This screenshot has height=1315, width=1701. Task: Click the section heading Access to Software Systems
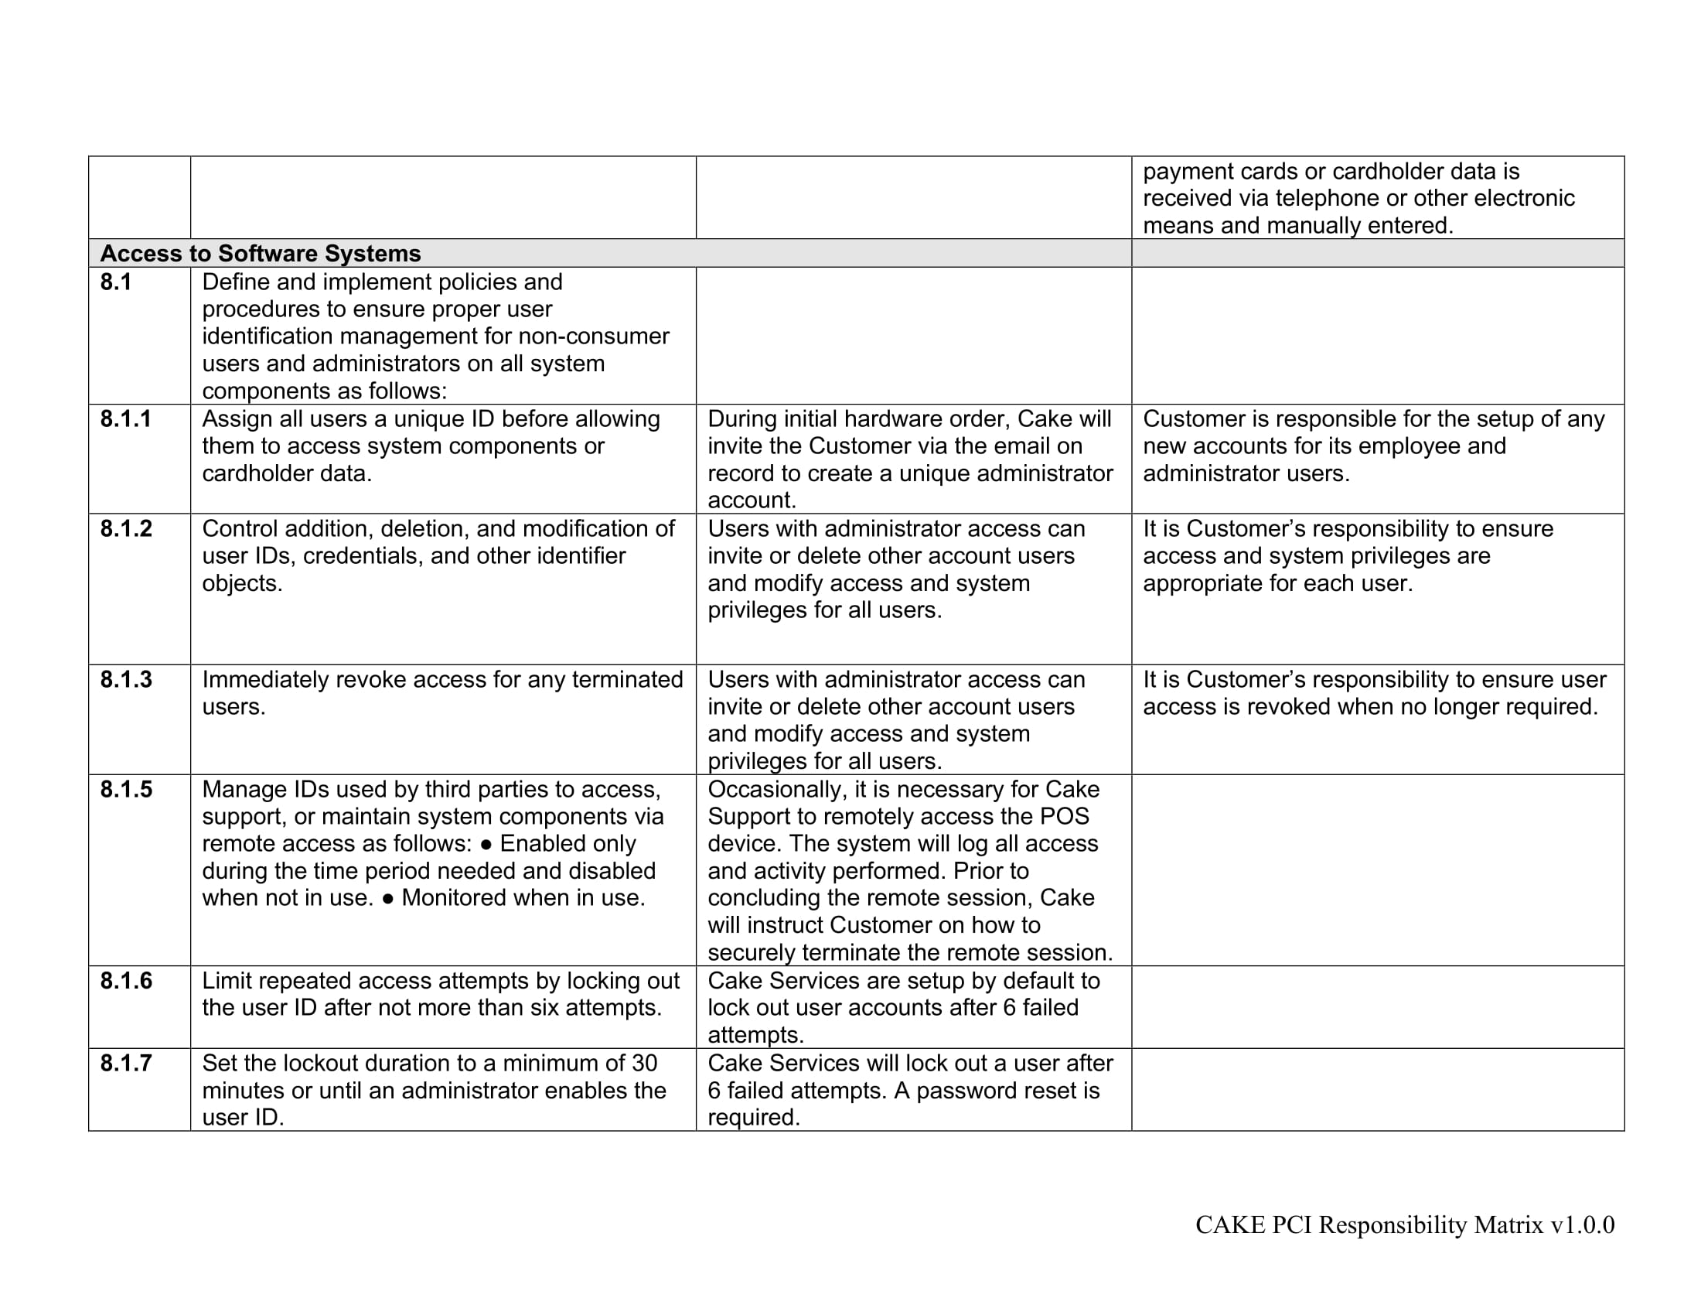(260, 253)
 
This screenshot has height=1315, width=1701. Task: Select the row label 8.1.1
(125, 419)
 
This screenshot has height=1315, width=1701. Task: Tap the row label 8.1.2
(125, 529)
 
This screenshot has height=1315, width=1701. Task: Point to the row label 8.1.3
(125, 679)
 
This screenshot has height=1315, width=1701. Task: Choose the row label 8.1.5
(125, 789)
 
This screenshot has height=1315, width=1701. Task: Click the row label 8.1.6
(125, 981)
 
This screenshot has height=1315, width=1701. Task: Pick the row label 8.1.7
(125, 1064)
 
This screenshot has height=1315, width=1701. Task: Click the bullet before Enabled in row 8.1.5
(486, 844)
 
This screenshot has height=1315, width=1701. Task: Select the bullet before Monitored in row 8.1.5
(388, 898)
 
